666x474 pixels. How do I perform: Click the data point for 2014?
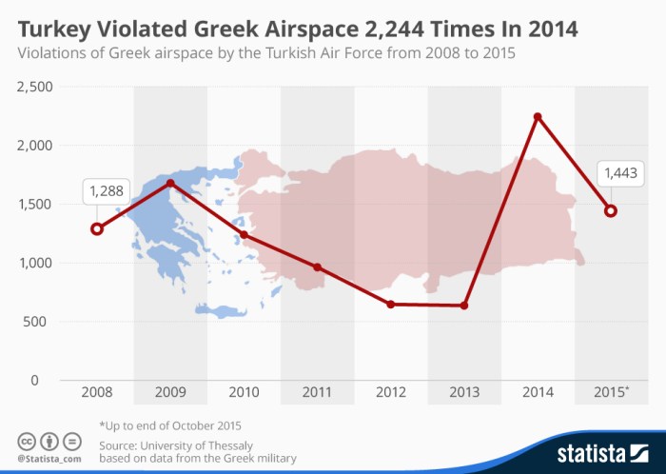pos(538,117)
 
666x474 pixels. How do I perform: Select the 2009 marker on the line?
pos(170,183)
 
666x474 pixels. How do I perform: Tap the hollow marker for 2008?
pos(96,228)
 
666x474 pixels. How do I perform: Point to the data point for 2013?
pos(464,306)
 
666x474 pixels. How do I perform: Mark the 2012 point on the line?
pos(391,304)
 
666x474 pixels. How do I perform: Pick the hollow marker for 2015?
pos(611,210)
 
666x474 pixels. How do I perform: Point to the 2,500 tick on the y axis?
pos(33,88)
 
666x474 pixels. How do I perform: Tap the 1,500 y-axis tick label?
pos(33,205)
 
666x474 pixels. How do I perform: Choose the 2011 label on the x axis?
pos(317,392)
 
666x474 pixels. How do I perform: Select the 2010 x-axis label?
pos(244,392)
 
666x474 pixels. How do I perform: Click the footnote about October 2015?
pos(170,425)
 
